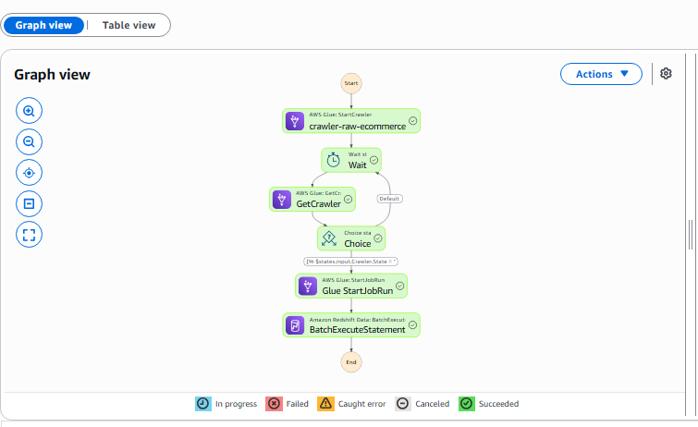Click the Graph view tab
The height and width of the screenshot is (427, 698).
pos(43,25)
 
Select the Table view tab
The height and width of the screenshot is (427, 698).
pos(129,25)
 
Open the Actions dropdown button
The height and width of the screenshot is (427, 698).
pos(601,74)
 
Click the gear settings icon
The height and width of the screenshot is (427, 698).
pos(666,73)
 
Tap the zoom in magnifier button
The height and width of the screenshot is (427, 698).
pos(29,111)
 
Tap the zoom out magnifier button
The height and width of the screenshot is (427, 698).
pos(29,142)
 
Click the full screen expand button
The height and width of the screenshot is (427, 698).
pos(29,235)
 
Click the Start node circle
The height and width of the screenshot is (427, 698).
pos(351,83)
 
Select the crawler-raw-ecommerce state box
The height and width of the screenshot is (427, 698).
pos(351,121)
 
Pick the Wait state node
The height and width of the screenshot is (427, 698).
pos(351,160)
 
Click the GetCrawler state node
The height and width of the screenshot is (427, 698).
pos(312,199)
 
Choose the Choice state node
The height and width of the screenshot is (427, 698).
pos(351,238)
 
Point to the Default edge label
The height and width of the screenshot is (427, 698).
pos(389,199)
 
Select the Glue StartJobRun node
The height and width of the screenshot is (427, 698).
pos(351,286)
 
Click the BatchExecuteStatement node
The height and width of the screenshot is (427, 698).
pos(351,325)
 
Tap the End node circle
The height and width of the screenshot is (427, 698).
pos(351,362)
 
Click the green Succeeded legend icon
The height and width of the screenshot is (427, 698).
pos(467,404)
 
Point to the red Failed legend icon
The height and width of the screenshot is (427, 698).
pos(274,404)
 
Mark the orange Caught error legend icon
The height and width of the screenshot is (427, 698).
pos(325,404)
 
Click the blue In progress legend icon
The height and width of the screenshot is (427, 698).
pos(203,404)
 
